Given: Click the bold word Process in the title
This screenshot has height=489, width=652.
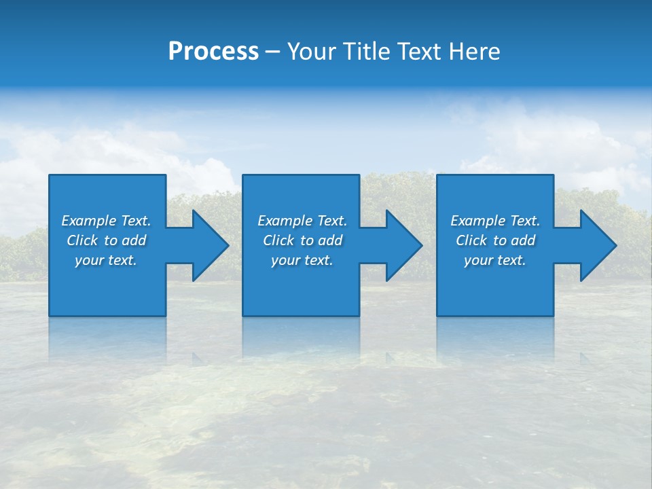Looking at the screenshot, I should [x=213, y=52].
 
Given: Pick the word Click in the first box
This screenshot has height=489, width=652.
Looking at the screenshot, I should [x=83, y=240].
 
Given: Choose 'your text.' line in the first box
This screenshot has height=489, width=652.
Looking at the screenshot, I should [x=106, y=260].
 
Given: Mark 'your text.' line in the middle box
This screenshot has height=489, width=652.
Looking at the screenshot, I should [x=302, y=260].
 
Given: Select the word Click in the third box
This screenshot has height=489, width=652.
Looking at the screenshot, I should [x=472, y=240].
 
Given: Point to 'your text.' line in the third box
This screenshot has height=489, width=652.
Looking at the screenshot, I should [x=495, y=260].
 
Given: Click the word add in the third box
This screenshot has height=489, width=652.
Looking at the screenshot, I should [x=523, y=240].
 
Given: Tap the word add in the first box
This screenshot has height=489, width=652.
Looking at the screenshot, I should [x=134, y=240].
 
